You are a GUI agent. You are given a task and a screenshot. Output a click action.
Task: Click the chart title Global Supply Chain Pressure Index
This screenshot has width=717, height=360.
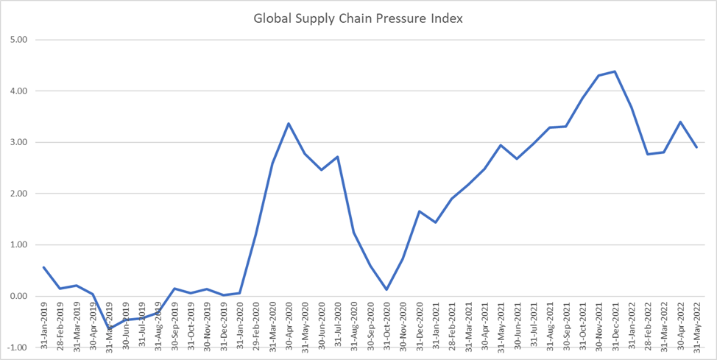[358, 18]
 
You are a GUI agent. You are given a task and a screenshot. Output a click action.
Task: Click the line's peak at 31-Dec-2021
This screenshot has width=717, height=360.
[615, 71]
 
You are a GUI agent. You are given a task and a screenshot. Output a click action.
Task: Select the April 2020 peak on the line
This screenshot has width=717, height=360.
[289, 123]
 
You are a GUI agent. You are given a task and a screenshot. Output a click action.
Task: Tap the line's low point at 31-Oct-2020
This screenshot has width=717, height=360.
[386, 289]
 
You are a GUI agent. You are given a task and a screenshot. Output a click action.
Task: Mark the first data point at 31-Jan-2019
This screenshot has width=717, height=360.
[43, 267]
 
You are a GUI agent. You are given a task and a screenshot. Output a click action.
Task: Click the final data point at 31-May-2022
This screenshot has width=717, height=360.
[696, 147]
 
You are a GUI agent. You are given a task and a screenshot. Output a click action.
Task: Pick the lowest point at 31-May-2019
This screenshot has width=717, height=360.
[109, 328]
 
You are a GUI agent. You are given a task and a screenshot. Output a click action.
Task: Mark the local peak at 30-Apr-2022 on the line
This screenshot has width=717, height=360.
[680, 122]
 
